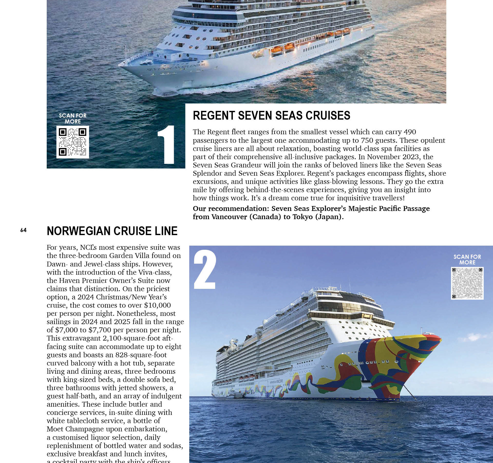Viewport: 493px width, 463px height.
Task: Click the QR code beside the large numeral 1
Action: pyautogui.click(x=73, y=142)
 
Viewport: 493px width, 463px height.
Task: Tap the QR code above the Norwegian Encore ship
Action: pyautogui.click(x=467, y=283)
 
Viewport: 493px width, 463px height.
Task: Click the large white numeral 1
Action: pyautogui.click(x=166, y=145)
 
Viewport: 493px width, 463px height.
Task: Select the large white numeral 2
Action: pyautogui.click(x=205, y=270)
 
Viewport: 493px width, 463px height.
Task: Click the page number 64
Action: pyautogui.click(x=23, y=230)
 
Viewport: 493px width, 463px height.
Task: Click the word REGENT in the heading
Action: pyautogui.click(x=214, y=115)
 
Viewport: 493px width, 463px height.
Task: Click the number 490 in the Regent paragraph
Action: pyautogui.click(x=410, y=132)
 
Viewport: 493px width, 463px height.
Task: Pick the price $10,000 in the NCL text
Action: pyautogui.click(x=157, y=305)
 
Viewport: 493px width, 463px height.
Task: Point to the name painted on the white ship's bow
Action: pyautogui.click(x=176, y=66)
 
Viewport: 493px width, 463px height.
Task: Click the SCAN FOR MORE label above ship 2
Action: pyautogui.click(x=467, y=260)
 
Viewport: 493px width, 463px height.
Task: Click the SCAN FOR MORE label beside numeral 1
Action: pyautogui.click(x=73, y=119)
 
